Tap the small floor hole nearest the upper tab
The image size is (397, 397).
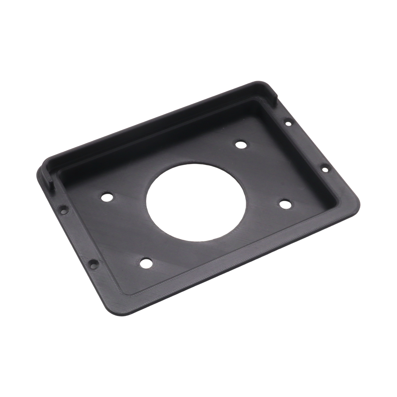(x=240, y=143)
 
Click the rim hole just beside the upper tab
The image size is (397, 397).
(x=288, y=123)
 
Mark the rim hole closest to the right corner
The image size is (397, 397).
(x=323, y=168)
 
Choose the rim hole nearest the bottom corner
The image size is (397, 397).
(x=92, y=265)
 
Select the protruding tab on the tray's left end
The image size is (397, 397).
(x=49, y=176)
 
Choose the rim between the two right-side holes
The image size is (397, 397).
(x=306, y=146)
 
